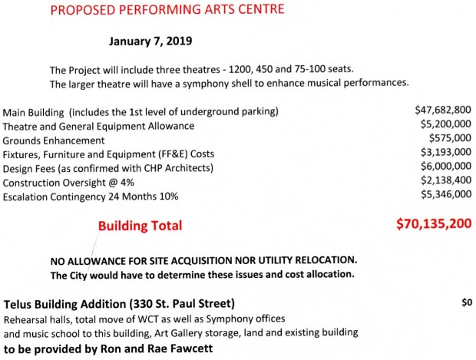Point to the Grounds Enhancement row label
[54, 140]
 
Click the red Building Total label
[140, 226]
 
